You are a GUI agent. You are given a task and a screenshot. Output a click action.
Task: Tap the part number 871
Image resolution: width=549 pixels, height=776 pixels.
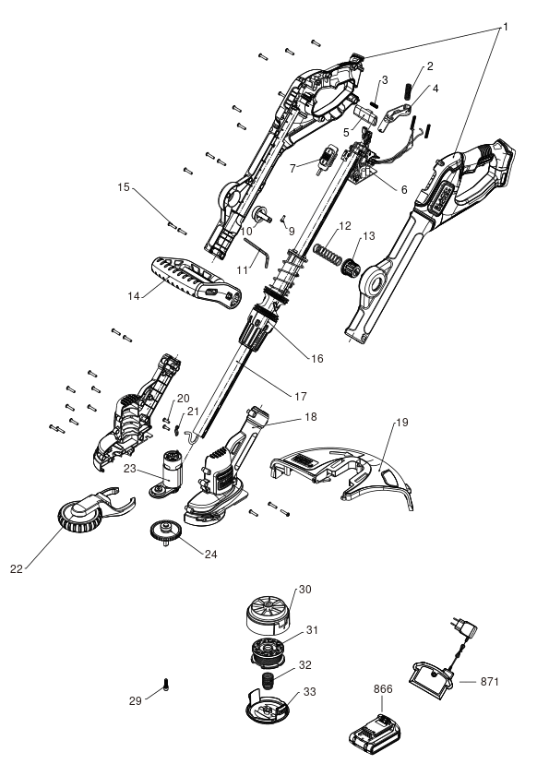[490, 682]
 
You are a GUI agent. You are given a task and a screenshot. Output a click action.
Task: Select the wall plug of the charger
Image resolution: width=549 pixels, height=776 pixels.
[464, 627]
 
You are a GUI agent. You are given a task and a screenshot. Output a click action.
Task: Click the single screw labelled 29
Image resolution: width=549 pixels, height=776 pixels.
[166, 685]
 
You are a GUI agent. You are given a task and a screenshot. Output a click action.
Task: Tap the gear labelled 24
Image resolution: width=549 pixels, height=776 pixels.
[165, 532]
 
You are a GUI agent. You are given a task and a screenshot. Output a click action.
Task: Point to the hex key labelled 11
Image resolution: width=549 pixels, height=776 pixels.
[256, 251]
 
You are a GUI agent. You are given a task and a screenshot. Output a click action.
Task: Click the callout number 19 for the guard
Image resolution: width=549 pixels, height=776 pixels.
[402, 423]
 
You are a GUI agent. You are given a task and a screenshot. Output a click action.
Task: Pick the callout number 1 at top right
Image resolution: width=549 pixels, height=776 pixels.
[506, 27]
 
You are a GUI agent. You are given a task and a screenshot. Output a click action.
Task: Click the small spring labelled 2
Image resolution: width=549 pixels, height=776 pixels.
[408, 91]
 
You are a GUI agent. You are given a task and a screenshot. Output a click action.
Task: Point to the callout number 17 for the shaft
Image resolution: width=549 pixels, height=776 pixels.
[301, 397]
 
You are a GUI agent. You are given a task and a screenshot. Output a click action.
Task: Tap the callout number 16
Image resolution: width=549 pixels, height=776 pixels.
[316, 358]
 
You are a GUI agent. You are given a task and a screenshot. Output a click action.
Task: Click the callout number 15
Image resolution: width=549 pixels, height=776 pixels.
[124, 187]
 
